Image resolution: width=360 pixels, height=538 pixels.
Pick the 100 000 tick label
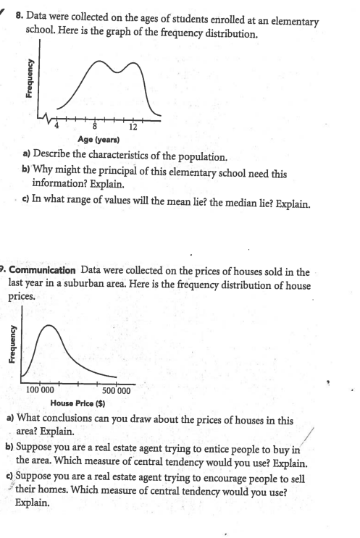[x=42, y=390]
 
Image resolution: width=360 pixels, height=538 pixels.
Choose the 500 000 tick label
[x=114, y=390]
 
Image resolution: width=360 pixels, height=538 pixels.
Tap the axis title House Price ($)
[x=80, y=402]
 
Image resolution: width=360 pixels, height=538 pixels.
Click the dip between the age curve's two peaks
[x=117, y=75]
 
